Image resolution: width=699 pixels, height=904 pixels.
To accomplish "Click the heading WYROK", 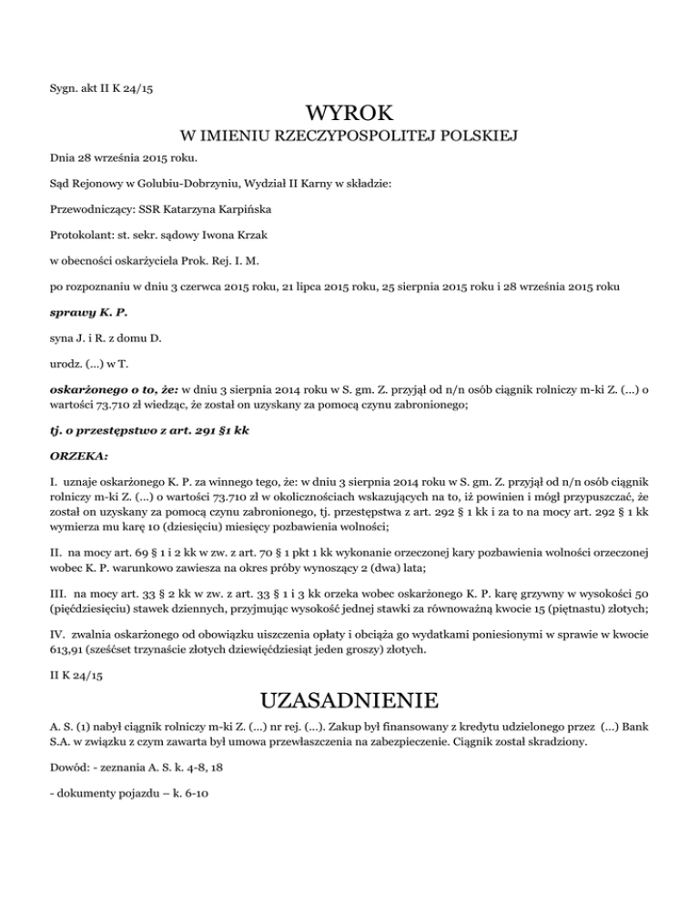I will pyautogui.click(x=349, y=115).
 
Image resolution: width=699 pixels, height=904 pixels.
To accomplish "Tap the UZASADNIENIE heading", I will pyautogui.click(x=349, y=701).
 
